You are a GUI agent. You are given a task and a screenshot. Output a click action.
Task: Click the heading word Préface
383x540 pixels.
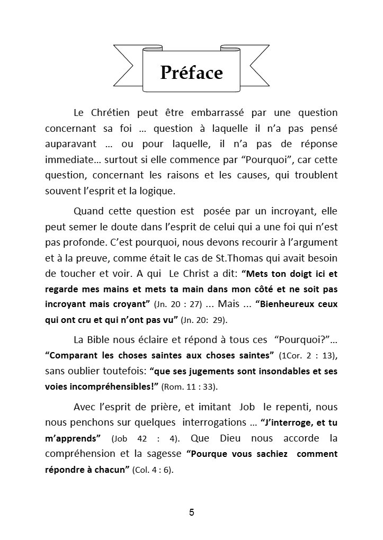point(191,73)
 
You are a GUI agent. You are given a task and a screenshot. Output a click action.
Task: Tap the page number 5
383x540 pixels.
point(191,512)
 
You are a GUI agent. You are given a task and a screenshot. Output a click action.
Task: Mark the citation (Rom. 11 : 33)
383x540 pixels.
point(189,387)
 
